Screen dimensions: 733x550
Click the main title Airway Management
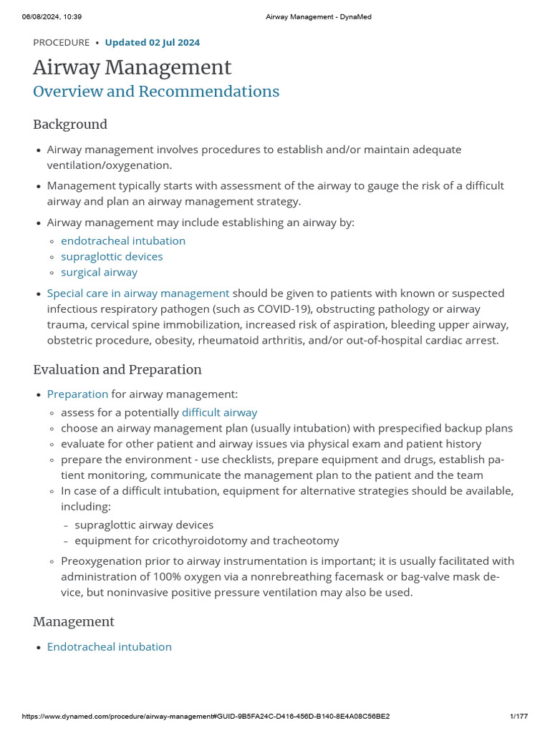(132, 67)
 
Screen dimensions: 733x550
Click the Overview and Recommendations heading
(156, 92)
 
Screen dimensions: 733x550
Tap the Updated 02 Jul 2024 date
(152, 42)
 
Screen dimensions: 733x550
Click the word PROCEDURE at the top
(61, 42)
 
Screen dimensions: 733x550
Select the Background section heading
(70, 125)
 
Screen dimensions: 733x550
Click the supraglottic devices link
(112, 256)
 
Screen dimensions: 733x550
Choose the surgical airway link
(99, 272)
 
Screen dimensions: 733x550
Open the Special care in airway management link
(138, 293)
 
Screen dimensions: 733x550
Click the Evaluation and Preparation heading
(117, 370)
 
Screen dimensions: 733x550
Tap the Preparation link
(77, 394)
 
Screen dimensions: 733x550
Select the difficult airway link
(219, 412)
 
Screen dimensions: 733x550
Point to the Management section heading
(74, 621)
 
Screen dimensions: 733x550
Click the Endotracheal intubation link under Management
(109, 646)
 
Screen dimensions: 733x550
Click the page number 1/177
(518, 717)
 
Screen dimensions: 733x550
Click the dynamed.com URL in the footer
(206, 717)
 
